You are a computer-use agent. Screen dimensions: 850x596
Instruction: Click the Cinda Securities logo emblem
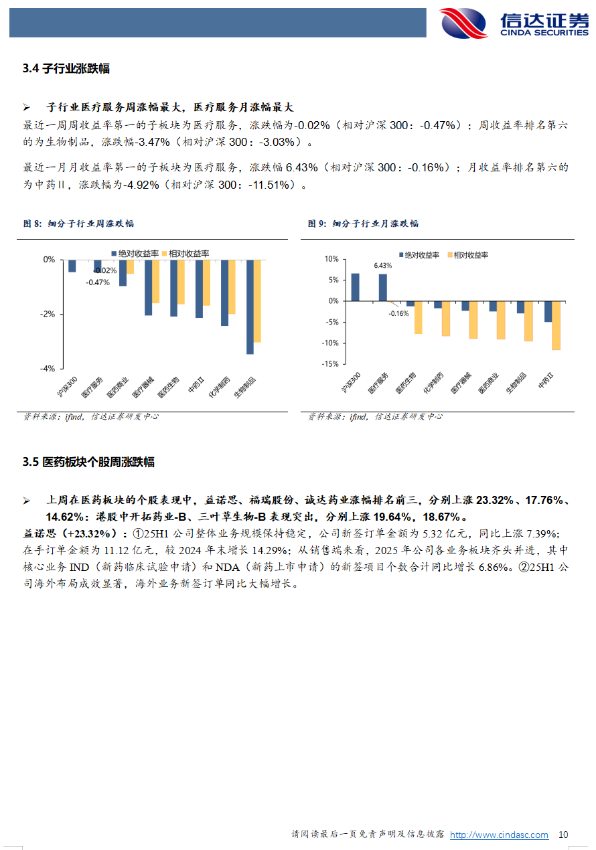click(x=464, y=23)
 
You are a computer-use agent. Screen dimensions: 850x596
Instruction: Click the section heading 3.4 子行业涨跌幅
click(x=66, y=68)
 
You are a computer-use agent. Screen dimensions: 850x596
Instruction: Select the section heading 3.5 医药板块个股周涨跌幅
click(x=88, y=462)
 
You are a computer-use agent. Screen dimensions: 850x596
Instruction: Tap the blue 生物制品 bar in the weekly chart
click(x=250, y=307)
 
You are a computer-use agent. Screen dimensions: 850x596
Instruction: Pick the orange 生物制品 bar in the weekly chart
click(x=257, y=301)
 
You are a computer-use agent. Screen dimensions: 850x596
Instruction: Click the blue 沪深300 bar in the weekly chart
click(x=72, y=266)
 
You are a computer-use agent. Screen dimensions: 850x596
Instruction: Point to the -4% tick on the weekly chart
click(x=49, y=369)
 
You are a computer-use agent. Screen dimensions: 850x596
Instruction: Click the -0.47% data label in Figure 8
click(x=97, y=282)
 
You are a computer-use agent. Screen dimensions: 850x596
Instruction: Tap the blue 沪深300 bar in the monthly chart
click(x=355, y=287)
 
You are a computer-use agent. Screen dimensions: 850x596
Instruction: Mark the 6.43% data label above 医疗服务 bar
click(x=383, y=266)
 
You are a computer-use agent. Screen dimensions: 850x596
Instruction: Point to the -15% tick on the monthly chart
click(x=330, y=364)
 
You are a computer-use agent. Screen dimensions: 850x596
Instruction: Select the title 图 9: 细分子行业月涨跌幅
click(x=364, y=224)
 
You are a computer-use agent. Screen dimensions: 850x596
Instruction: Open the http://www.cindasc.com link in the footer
click(x=499, y=835)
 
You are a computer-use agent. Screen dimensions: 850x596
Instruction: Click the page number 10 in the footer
click(x=563, y=835)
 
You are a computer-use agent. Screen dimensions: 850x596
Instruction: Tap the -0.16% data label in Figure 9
click(x=399, y=313)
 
